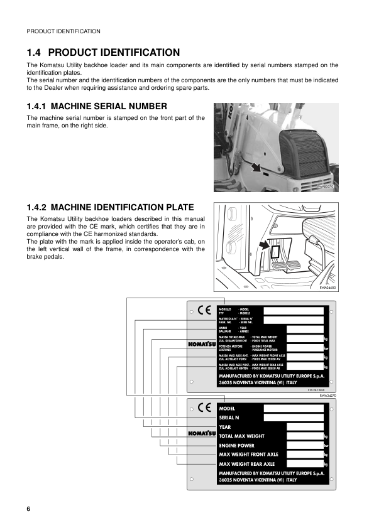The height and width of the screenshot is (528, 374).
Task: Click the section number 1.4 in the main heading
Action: coord(35,53)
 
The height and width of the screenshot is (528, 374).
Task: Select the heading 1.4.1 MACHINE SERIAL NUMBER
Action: coord(97,106)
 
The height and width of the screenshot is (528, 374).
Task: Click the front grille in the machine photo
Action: coord(308,150)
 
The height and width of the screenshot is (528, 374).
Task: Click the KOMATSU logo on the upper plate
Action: coord(202,344)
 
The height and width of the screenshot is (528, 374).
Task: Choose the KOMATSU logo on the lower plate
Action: coord(202,434)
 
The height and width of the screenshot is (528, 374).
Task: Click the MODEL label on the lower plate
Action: coord(227,408)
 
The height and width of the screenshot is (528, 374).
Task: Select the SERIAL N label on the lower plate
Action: coord(229,418)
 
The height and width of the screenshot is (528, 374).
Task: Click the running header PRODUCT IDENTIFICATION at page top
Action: coord(63,31)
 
